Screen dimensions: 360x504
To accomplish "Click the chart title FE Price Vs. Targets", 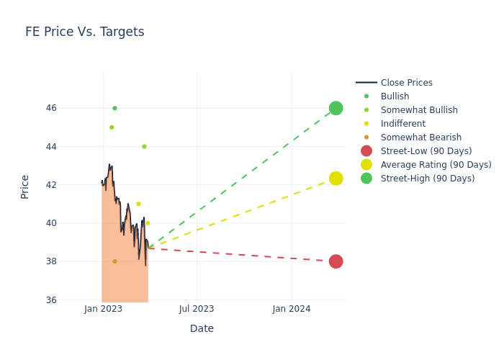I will click(x=85, y=32).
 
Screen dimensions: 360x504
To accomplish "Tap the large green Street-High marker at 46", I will click(x=336, y=108).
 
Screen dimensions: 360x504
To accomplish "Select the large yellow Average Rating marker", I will click(x=336, y=179).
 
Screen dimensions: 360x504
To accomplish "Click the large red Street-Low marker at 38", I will click(x=336, y=261).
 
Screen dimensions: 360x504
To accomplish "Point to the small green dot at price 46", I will click(x=114, y=108).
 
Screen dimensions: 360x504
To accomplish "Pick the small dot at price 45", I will click(x=112, y=127).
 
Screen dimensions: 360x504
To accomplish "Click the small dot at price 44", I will click(x=144, y=146).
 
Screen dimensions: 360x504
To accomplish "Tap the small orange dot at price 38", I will click(x=114, y=261).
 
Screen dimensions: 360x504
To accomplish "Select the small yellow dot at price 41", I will click(x=138, y=204).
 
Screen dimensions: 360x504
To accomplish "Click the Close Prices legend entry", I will click(x=406, y=83).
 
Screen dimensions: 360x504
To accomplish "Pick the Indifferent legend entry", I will click(x=402, y=124).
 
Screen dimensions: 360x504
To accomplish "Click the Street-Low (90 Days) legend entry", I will click(x=426, y=151).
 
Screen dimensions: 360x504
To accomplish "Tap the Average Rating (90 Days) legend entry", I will click(x=436, y=165).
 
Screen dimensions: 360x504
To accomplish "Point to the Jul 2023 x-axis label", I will click(x=197, y=309).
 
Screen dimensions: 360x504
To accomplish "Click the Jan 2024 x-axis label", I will click(x=292, y=309).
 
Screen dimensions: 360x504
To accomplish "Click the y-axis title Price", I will click(x=25, y=186).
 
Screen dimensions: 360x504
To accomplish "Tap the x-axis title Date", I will click(x=202, y=328).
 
